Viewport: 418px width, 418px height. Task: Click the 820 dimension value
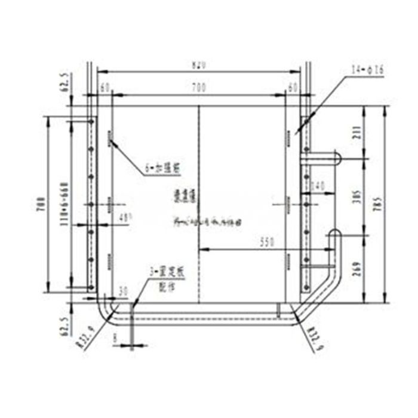199,64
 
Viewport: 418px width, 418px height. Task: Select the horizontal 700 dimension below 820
199,88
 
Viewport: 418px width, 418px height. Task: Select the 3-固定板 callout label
168,271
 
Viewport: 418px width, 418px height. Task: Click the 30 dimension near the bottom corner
124,291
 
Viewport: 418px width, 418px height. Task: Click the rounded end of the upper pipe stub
337,158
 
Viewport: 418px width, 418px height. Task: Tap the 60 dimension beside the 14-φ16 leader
293,88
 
